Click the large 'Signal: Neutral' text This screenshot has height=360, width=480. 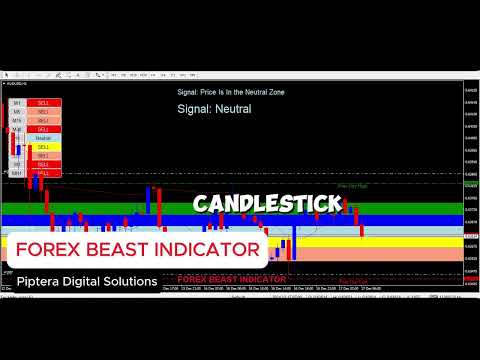(214, 108)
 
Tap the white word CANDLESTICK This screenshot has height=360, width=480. (267, 204)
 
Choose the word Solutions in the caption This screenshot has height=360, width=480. (134, 282)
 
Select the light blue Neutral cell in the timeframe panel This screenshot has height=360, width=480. (43, 138)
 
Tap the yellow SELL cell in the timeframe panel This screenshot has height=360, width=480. (43, 147)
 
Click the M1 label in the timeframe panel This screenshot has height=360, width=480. (17, 103)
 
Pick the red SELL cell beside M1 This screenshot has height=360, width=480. (43, 103)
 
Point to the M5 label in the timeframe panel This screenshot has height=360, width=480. (17, 112)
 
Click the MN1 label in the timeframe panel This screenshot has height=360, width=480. (17, 173)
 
